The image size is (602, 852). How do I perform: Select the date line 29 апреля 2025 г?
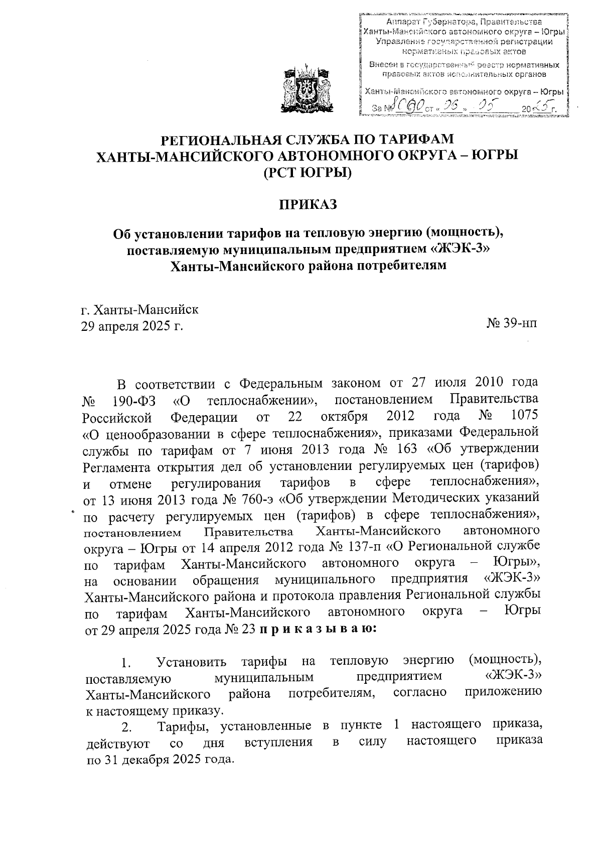click(x=132, y=326)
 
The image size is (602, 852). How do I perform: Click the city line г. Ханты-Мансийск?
click(x=140, y=309)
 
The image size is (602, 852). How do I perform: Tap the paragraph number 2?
click(x=127, y=727)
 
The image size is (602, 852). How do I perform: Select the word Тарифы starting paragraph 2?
click(x=183, y=726)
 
